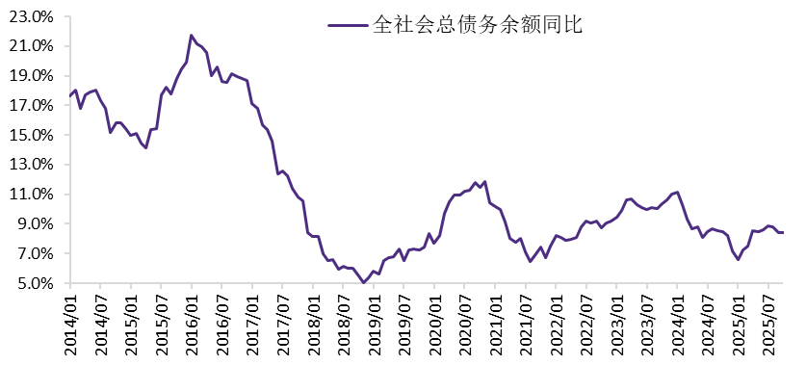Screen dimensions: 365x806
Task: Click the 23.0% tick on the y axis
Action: tap(34, 16)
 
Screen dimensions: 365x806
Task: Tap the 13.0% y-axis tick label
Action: tap(34, 165)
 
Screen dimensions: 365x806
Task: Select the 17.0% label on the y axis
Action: tap(34, 105)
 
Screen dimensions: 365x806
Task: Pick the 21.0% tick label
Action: tap(34, 45)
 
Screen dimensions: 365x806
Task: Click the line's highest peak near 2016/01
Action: tap(192, 36)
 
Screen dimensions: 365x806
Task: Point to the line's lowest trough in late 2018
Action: tap(363, 282)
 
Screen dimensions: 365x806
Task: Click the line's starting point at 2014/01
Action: tap(70, 94)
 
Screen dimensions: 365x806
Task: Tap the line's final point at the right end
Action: tap(783, 232)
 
